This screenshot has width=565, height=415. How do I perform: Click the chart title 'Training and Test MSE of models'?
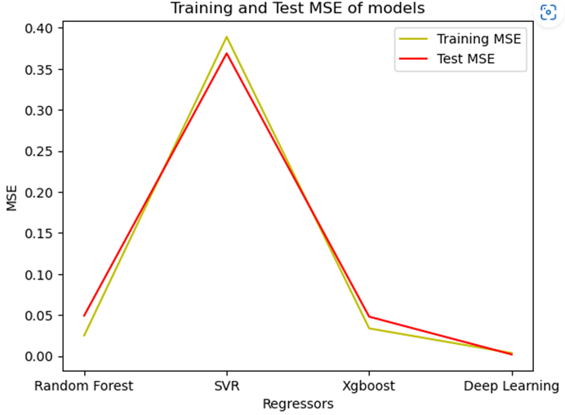click(x=297, y=9)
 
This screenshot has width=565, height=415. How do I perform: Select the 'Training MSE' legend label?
click(x=478, y=38)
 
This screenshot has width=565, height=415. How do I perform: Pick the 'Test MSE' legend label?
click(x=465, y=58)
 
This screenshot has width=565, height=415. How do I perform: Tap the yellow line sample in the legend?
click(x=412, y=38)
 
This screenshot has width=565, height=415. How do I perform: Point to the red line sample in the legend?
click(x=412, y=58)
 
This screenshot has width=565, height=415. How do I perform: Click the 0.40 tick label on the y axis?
click(x=39, y=29)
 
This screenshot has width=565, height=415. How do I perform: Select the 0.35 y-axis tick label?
click(x=39, y=69)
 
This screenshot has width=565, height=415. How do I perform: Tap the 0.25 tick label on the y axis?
click(x=39, y=152)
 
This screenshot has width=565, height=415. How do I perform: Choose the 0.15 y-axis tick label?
click(x=39, y=234)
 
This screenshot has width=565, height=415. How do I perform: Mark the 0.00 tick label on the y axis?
click(x=39, y=357)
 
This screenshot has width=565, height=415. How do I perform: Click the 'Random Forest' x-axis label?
click(x=83, y=386)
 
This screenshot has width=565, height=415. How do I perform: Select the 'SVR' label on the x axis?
click(x=227, y=386)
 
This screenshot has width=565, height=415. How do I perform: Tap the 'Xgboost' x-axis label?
click(x=369, y=386)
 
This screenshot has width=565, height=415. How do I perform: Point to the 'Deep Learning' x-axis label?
click(x=511, y=386)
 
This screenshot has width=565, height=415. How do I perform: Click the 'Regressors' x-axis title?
click(x=297, y=404)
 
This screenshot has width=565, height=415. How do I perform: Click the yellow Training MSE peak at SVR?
click(x=227, y=37)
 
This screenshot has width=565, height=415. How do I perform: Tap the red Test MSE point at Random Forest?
click(x=84, y=316)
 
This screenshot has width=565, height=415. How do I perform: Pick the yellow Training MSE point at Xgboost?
click(x=369, y=328)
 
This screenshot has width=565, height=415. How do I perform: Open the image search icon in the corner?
click(x=548, y=14)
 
